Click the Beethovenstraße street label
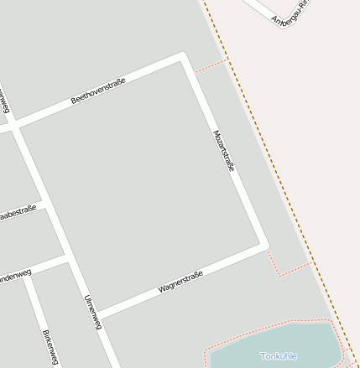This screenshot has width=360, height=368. [98, 91]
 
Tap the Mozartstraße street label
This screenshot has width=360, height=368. [223, 151]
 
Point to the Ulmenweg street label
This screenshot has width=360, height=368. [92, 312]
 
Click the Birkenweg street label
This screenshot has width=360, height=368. [50, 347]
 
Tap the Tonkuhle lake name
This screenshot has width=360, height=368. [279, 356]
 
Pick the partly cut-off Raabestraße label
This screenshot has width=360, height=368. [17, 213]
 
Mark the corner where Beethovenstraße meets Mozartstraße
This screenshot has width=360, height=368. [182, 57]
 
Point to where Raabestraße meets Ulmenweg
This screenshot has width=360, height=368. [43, 203]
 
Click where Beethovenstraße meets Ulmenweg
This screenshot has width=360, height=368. [13, 128]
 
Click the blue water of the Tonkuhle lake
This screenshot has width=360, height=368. [252, 350]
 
